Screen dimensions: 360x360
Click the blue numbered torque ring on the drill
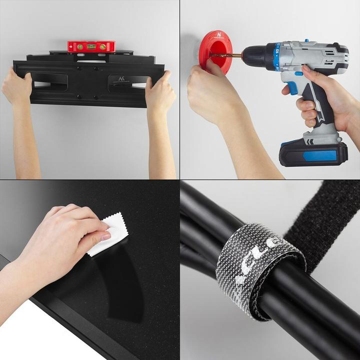point(273,55)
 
